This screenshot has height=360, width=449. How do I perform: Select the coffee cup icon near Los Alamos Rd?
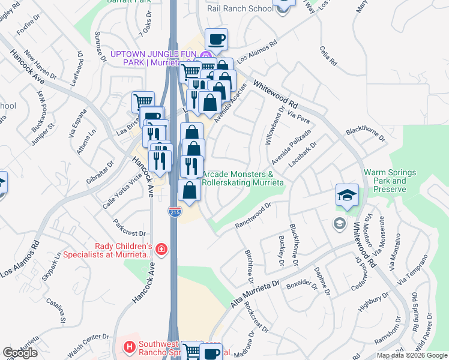tap(216, 40)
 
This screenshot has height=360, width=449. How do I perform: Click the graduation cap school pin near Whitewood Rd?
tap(347, 196)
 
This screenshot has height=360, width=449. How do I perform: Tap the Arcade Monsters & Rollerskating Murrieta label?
tap(243, 178)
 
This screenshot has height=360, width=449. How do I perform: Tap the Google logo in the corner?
tap(20, 353)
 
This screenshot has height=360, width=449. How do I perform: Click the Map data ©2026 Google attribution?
tap(412, 355)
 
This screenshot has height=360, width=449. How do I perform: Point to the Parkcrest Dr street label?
tap(129, 227)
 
